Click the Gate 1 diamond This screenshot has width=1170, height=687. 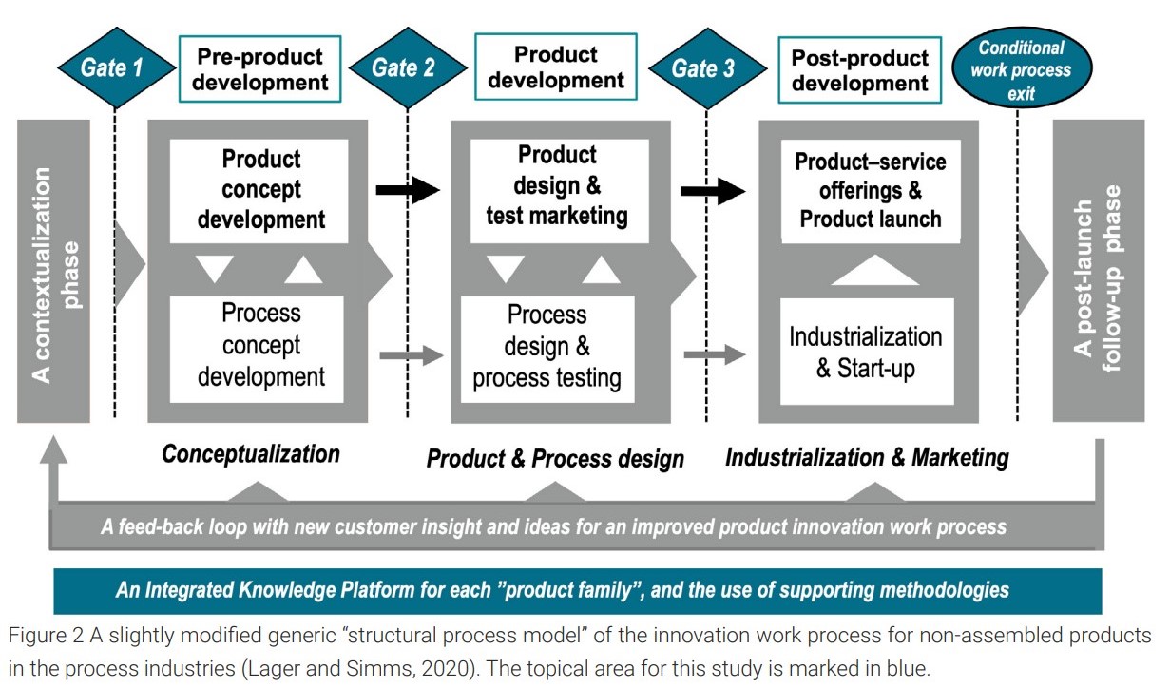[116, 67]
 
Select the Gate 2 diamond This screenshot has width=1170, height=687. [408, 67]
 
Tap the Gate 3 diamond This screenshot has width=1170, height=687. [708, 68]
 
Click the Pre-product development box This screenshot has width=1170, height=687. [260, 69]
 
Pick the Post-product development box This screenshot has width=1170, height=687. [860, 70]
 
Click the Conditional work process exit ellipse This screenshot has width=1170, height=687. [1022, 67]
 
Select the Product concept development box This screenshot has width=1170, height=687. [259, 191]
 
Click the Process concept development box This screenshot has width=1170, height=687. [257, 350]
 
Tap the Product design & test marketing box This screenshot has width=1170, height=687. [560, 191]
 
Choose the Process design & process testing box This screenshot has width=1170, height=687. [547, 350]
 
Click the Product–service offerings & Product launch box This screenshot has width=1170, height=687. [871, 191]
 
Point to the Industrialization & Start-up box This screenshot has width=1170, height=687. [867, 352]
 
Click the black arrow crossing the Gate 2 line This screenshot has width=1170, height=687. [408, 190]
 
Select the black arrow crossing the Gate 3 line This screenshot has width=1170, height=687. [713, 191]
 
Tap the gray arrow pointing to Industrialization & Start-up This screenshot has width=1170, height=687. [715, 354]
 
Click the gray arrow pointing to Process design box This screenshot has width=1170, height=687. [412, 355]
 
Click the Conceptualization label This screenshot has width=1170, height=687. [251, 454]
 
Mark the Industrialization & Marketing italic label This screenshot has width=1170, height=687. [867, 458]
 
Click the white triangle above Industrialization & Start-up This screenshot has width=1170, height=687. [875, 270]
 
